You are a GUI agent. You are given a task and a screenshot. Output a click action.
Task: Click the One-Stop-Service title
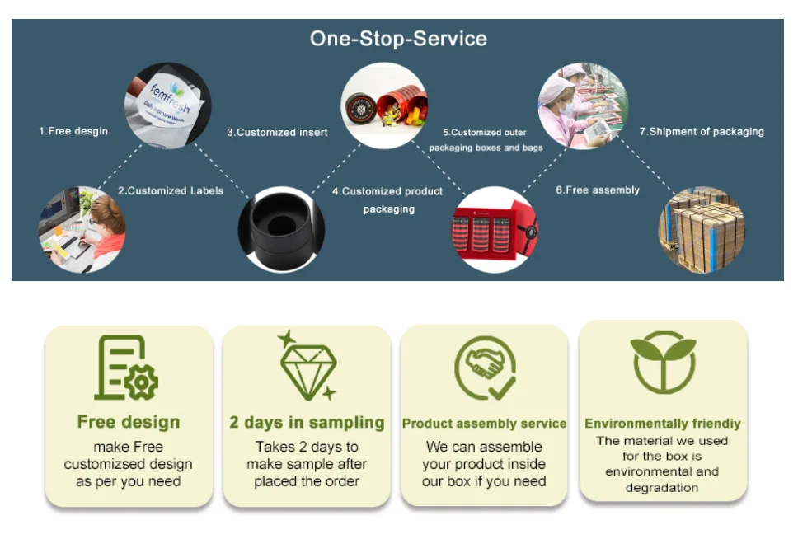pyautogui.click(x=398, y=39)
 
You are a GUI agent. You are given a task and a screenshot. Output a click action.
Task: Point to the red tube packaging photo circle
pyautogui.click(x=383, y=105)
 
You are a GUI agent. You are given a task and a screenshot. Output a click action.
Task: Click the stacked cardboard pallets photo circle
pyautogui.click(x=702, y=230)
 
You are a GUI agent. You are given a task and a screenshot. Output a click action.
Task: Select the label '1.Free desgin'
pyautogui.click(x=73, y=131)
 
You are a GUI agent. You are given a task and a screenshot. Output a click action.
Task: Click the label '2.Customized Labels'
pyautogui.click(x=171, y=190)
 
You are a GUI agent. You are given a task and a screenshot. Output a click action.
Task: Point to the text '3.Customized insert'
pyautogui.click(x=277, y=132)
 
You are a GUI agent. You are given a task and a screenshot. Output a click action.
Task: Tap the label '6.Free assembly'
pyautogui.click(x=597, y=190)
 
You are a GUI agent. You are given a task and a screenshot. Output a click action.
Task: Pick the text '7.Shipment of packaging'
pyautogui.click(x=702, y=131)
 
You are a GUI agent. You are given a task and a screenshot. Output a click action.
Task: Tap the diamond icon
pyautogui.click(x=307, y=366)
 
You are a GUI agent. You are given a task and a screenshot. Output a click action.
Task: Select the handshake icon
pyautogui.click(x=485, y=367)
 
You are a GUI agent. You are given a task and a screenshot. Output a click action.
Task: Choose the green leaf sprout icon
pyautogui.click(x=663, y=363)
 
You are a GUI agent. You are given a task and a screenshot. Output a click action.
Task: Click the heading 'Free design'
pyautogui.click(x=128, y=422)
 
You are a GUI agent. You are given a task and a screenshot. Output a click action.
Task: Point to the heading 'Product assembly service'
pyautogui.click(x=484, y=424)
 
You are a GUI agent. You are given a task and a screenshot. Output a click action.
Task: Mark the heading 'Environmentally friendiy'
pyautogui.click(x=663, y=424)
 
